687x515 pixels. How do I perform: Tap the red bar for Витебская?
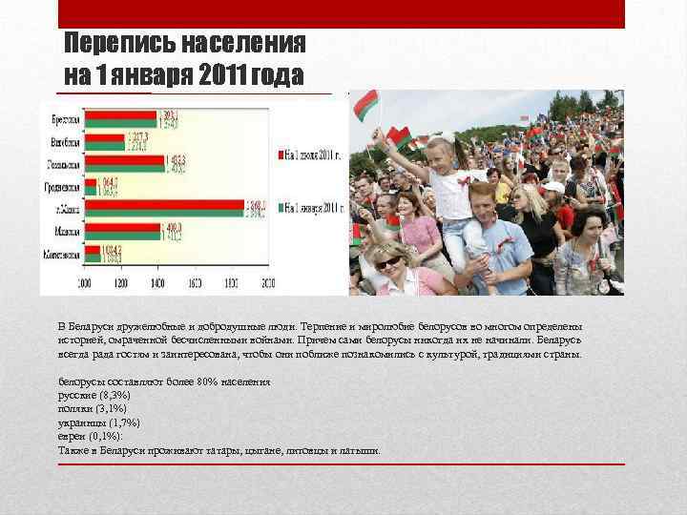(105, 135)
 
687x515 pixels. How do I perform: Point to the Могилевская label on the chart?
(63, 255)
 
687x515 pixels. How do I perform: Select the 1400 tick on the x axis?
(157, 283)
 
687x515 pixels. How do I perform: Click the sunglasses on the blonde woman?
(387, 262)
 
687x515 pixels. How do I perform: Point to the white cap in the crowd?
(553, 187)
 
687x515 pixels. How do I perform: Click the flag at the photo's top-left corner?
(364, 105)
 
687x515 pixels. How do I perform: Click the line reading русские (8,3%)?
(94, 394)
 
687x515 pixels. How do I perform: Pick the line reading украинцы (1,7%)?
(98, 422)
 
